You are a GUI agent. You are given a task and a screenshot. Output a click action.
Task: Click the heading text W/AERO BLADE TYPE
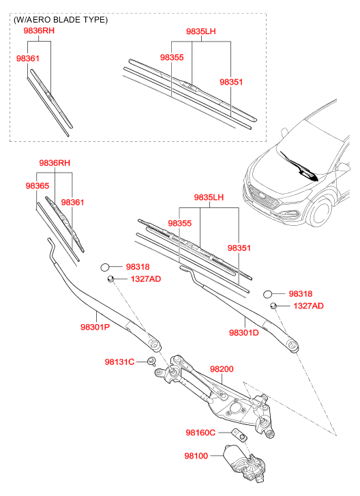61,20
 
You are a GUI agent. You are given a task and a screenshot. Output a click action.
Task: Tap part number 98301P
95,327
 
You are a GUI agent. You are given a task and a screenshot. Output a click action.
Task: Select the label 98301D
243,332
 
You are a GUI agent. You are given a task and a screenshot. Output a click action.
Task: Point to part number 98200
222,369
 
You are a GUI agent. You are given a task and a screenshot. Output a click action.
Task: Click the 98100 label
196,456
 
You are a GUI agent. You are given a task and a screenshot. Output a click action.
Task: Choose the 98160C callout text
200,433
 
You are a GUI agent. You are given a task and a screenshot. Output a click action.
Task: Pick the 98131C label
119,362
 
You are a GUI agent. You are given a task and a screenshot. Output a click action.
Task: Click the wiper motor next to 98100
244,463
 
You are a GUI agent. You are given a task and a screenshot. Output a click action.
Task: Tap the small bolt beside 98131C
152,361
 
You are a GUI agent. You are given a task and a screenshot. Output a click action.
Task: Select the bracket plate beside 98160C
239,435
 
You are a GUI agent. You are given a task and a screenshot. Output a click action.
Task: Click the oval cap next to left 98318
104,267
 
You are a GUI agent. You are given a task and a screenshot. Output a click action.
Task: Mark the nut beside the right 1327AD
273,306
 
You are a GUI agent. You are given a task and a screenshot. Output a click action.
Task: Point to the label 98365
37,186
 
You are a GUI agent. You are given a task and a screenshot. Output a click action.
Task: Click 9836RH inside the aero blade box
39,31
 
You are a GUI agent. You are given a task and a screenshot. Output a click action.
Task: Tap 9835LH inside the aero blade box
201,31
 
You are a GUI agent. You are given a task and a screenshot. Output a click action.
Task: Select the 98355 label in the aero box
172,57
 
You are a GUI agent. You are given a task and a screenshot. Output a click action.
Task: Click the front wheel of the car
321,211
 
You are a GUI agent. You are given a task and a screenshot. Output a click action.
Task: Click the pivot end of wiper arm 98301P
155,344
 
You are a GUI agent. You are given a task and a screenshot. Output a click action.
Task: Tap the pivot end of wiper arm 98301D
292,345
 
